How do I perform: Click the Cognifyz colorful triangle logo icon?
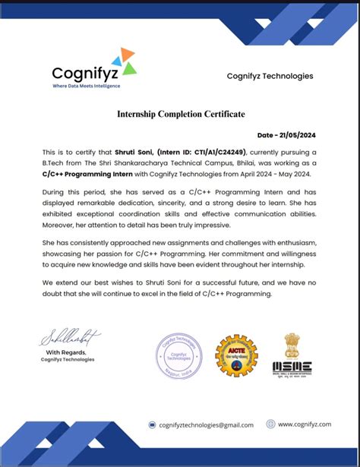pos(123,62)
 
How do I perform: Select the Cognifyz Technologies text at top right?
pos(270,76)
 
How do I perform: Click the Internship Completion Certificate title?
pos(180,114)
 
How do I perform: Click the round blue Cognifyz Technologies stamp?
pos(179,355)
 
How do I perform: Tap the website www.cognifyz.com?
pos(304,424)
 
